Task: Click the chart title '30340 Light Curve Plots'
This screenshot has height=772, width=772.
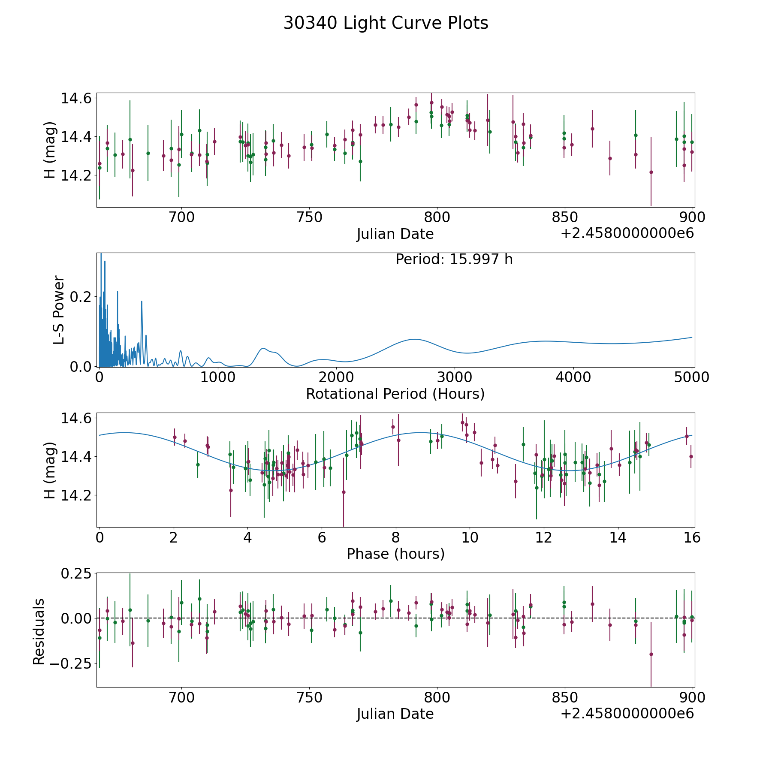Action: [386, 23]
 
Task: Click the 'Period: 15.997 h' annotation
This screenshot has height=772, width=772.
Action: [454, 259]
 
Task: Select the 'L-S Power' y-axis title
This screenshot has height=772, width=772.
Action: [59, 310]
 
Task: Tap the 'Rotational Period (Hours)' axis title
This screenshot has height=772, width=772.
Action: [395, 394]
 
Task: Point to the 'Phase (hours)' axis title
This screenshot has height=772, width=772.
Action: [395, 554]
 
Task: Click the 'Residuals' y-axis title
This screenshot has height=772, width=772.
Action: [39, 632]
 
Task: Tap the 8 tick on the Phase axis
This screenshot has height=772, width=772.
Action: [395, 537]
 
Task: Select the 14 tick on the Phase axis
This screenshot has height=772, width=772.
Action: [618, 537]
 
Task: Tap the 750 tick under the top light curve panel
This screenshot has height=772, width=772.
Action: [309, 217]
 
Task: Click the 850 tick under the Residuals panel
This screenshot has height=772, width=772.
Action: [564, 698]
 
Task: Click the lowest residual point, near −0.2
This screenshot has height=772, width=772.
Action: [651, 654]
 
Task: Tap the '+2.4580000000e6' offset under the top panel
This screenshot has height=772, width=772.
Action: [627, 233]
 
